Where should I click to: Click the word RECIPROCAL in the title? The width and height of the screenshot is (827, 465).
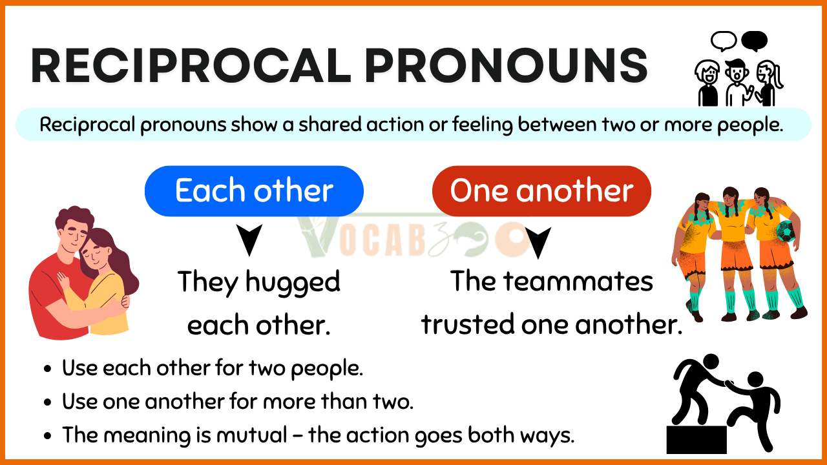[191, 66]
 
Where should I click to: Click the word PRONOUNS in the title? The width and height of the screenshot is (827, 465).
[506, 66]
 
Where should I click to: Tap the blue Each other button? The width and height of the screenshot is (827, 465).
[254, 191]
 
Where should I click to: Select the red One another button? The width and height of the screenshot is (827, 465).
[541, 191]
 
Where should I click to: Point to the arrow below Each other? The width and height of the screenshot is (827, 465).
[249, 239]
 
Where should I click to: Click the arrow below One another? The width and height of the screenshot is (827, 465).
[538, 242]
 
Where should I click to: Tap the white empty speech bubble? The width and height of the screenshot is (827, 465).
[724, 41]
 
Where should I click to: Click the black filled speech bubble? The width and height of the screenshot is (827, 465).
[754, 41]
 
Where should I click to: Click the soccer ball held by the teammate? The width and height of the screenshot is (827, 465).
[786, 231]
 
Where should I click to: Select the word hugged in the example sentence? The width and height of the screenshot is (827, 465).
[293, 283]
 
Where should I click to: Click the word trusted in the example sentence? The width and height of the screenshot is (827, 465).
[468, 324]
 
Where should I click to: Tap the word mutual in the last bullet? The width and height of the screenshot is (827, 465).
[252, 435]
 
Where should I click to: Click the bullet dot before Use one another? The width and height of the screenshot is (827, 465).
[47, 402]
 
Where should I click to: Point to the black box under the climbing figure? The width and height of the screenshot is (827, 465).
[696, 440]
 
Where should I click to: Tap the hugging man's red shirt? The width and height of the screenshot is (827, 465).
[56, 295]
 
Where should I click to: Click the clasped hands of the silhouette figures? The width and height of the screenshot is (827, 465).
[729, 384]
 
